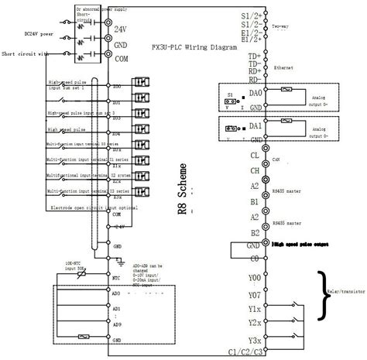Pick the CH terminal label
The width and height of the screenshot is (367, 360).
coord(253,169)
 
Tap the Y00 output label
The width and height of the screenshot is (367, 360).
coord(254,277)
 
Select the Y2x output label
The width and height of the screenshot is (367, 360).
coord(254,323)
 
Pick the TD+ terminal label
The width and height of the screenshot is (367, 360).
coord(252,57)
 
